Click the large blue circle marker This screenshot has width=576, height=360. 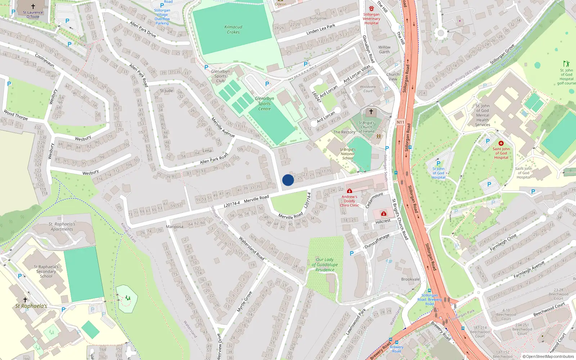(x=288, y=180)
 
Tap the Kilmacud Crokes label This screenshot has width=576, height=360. (x=233, y=30)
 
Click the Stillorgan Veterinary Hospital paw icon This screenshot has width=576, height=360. (x=372, y=8)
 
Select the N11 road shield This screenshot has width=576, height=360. (x=400, y=122)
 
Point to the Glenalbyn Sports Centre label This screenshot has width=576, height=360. (x=264, y=103)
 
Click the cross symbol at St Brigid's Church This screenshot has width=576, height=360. (x=371, y=112)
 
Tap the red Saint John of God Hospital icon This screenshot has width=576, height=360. (x=501, y=143)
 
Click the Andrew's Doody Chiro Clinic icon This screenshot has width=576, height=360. (x=349, y=191)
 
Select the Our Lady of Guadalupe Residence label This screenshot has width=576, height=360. (x=325, y=265)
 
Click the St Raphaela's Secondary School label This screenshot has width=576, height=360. (x=46, y=271)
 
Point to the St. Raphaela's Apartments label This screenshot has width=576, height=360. (x=62, y=226)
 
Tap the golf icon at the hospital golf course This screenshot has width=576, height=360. (x=566, y=64)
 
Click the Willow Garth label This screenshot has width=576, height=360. (x=384, y=49)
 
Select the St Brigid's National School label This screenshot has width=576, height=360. (x=348, y=154)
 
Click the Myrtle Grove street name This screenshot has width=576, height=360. (x=244, y=302)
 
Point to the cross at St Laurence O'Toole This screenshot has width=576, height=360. (x=33, y=6)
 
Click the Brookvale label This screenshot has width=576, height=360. (x=410, y=279)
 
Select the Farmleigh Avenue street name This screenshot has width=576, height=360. (x=529, y=270)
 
